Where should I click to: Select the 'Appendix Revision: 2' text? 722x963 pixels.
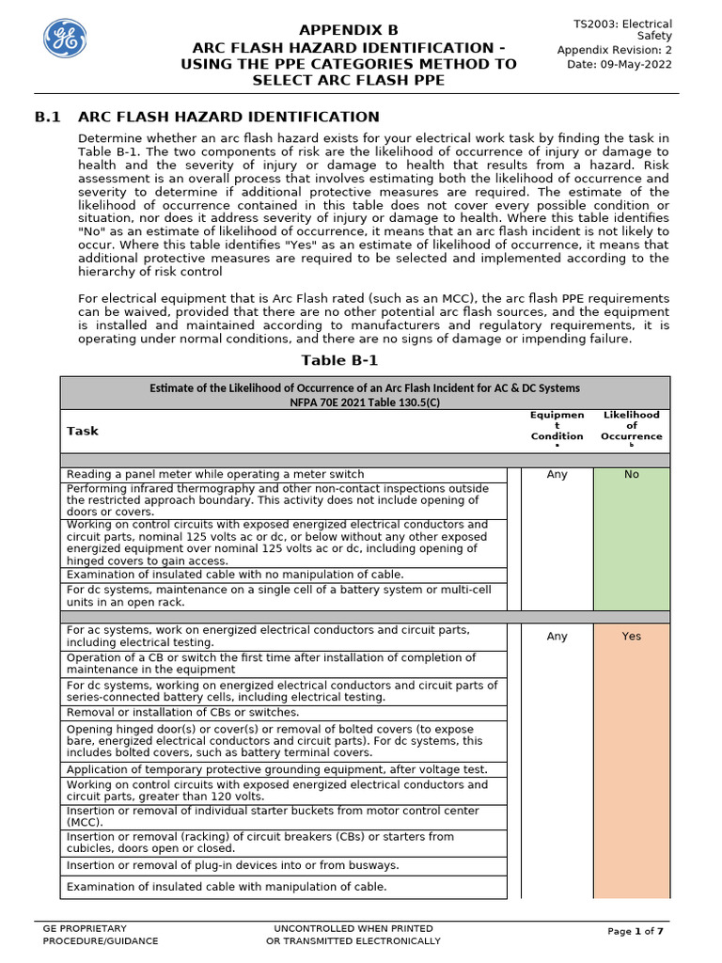pos(615,51)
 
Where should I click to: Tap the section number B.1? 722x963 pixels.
pos(48,117)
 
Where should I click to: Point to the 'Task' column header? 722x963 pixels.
pos(82,431)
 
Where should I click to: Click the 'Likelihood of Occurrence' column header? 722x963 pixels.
pos(631,425)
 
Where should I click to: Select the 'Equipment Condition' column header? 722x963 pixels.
pos(557,425)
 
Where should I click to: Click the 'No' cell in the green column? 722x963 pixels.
pos(631,475)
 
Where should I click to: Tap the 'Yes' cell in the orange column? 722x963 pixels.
pos(631,637)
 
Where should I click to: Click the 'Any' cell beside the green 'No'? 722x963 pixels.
pos(557,475)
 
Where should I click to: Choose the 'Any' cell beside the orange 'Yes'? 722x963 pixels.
pos(557,637)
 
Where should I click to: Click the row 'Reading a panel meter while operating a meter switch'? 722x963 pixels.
pos(215,475)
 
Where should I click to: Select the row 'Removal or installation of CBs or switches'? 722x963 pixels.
pos(182,713)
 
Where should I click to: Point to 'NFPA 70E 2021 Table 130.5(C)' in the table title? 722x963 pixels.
pos(365,401)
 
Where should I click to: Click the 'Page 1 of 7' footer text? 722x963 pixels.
pos(636,931)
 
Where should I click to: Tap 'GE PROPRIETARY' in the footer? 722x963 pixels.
pos(85,928)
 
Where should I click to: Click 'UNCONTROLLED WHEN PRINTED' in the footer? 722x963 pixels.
pos(353,928)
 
